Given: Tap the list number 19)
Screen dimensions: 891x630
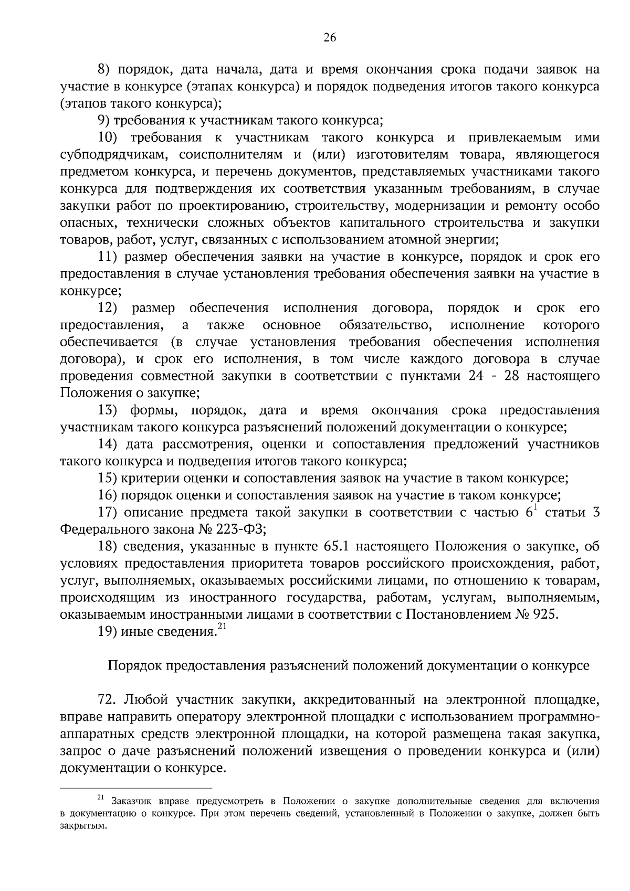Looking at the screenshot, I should [108, 632].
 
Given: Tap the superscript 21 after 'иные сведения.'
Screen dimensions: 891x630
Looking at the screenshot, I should [221, 626].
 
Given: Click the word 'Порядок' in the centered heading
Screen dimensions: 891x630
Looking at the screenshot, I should [134, 666].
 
